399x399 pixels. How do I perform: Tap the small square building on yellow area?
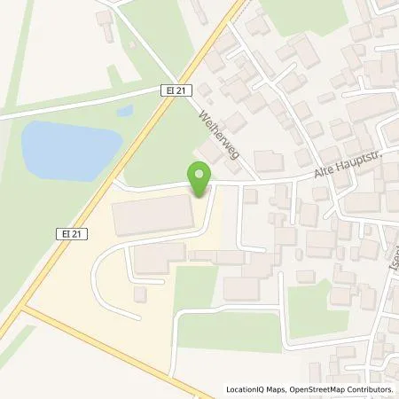pos(139,293)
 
